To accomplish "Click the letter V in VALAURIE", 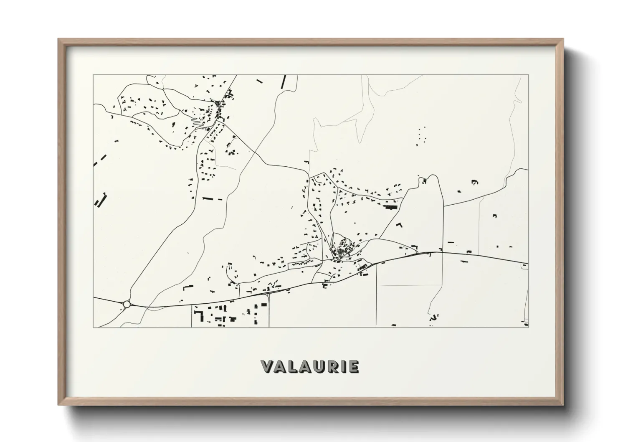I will [268, 367].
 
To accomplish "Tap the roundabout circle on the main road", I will [127, 304].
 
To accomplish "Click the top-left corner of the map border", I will [94, 75].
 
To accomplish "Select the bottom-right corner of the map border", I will [528, 327].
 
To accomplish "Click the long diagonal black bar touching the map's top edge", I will [284, 81].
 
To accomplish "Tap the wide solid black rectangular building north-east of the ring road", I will [391, 207].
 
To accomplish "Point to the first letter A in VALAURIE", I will [282, 367].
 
